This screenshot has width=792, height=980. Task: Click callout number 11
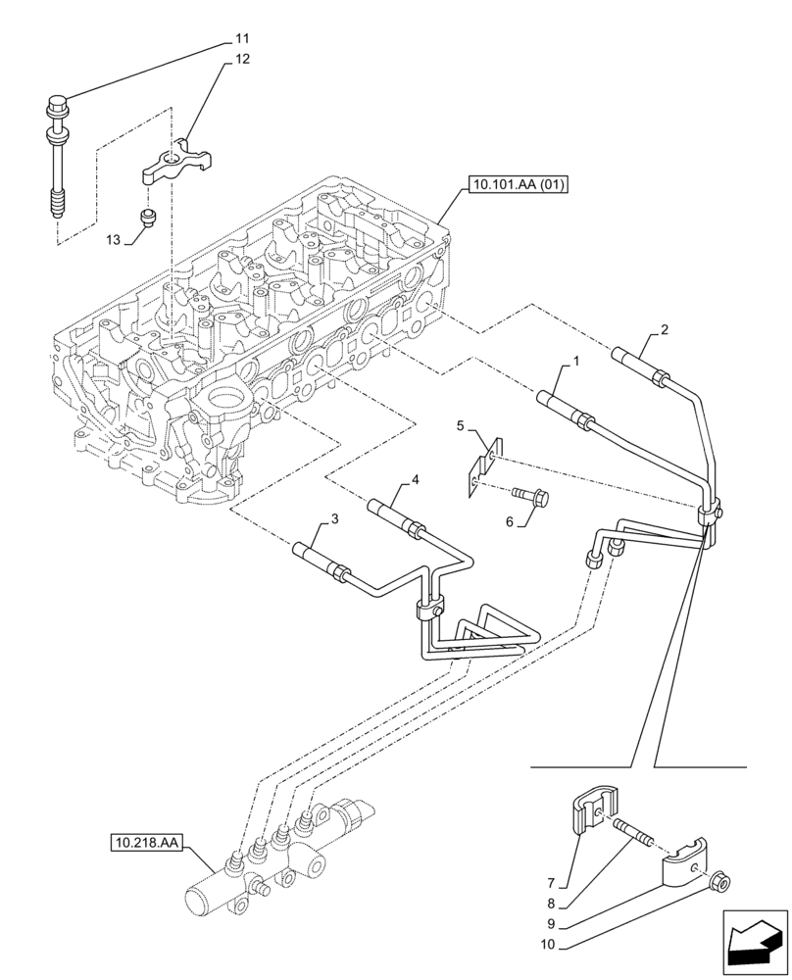[x=241, y=38]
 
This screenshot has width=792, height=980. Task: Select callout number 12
[x=241, y=59]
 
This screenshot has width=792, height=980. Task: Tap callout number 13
[x=115, y=239]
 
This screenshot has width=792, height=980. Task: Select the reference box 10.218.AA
[x=147, y=842]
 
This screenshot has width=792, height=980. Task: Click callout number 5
[x=459, y=425]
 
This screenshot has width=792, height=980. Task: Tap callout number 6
[x=509, y=522]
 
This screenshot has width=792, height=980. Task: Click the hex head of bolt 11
[x=56, y=101]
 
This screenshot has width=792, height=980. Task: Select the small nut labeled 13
[x=147, y=216]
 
